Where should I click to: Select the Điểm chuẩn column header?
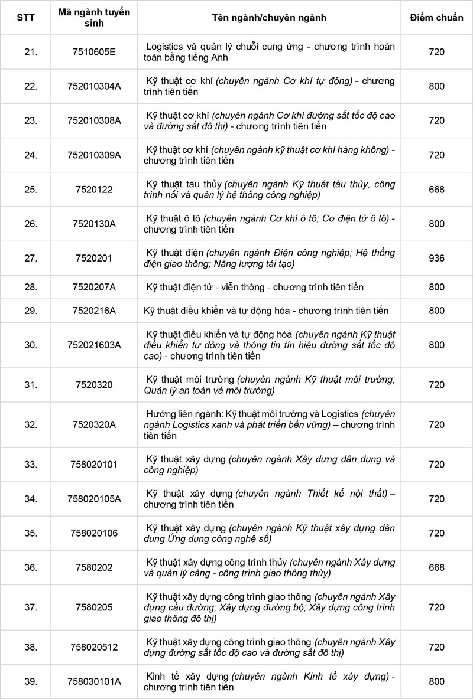coord(436,18)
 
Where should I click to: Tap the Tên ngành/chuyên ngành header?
coord(269,18)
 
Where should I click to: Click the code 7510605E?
coord(94,52)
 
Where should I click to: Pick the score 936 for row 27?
coord(436,258)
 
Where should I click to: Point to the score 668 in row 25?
coord(436,190)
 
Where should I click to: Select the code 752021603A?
coord(94,345)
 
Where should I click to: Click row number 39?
coord(27,681)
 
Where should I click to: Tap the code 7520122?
coord(94,190)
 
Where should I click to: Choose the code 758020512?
coord(94,647)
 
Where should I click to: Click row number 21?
coord(27,52)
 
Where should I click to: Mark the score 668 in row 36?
coord(436,567)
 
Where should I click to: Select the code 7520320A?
coord(94,424)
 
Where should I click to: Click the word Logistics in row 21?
coord(165,47)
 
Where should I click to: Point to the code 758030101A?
coord(94,681)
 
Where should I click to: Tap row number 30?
coord(27,345)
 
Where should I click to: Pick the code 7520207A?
coord(94,287)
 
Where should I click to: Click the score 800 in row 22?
coord(436,86)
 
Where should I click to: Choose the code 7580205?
coord(94,607)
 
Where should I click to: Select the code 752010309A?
coord(94,155)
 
